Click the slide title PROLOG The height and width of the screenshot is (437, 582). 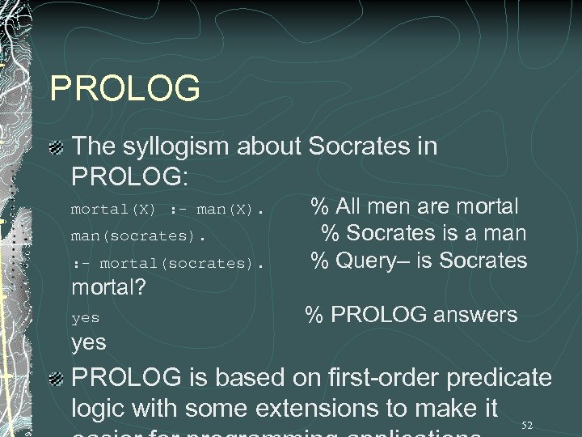pos(124,89)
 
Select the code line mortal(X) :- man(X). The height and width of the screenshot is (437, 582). pos(167,210)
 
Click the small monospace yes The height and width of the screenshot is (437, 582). pos(85,318)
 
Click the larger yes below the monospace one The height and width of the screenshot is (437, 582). pos(89,342)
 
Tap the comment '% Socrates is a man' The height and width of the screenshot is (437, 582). pos(424,234)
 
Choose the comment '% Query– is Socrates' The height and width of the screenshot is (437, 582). pos(419,261)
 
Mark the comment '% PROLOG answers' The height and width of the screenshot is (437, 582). pos(411,315)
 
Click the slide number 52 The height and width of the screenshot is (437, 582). pos(527,425)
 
